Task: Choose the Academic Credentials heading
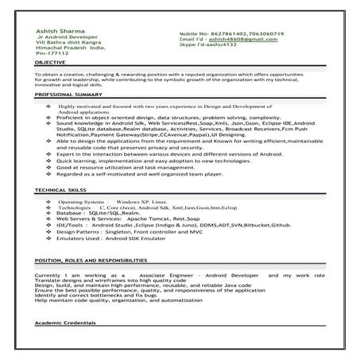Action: point(66,324)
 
